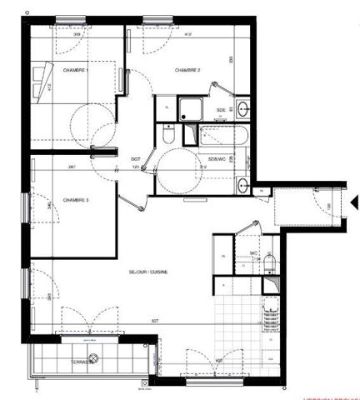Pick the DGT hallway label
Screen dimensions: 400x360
coord(134,158)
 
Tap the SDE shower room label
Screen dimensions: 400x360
coord(221,109)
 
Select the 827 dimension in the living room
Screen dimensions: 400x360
coord(156,321)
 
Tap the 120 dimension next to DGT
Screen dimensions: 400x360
coord(136,167)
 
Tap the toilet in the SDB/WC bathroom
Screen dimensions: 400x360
coord(169,133)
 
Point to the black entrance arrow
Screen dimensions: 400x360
coord(354,202)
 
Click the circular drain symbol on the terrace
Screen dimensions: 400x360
coord(94,358)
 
